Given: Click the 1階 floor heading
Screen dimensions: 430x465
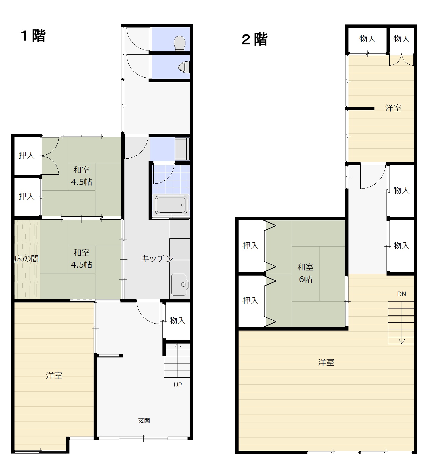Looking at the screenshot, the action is click(x=33, y=36).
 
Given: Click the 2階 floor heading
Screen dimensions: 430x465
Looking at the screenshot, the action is click(x=255, y=40).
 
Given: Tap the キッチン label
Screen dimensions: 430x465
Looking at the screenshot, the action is click(x=157, y=259).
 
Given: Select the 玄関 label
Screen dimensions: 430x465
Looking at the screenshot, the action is click(x=144, y=420).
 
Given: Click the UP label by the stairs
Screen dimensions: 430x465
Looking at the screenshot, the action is click(x=178, y=385).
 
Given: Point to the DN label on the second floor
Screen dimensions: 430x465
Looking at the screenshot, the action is click(x=401, y=294).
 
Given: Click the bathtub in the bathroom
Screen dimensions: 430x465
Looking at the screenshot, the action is click(x=171, y=205).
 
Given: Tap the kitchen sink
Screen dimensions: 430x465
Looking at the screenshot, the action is click(x=180, y=284).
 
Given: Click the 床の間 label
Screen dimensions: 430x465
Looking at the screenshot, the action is click(x=27, y=259).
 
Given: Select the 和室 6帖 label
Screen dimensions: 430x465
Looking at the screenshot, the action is click(x=306, y=273).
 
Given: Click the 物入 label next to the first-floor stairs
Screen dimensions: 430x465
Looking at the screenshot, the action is click(x=177, y=320).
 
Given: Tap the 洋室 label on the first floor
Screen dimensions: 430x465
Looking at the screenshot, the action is click(x=54, y=376).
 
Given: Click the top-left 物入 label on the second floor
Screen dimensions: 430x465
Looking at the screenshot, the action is click(x=367, y=39).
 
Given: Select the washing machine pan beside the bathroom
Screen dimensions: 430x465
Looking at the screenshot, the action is click(x=182, y=149).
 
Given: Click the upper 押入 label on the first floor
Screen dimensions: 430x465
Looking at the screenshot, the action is click(x=27, y=155).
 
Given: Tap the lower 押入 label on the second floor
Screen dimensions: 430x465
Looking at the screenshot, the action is click(x=250, y=301).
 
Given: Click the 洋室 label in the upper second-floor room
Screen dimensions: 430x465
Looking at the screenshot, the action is click(x=393, y=108).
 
